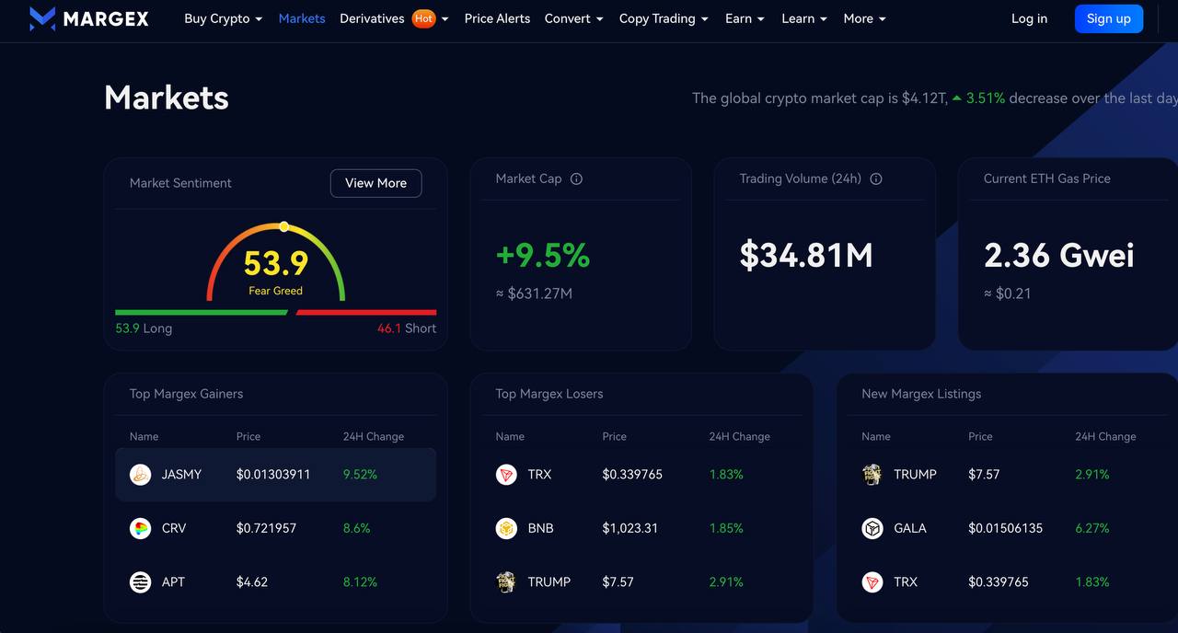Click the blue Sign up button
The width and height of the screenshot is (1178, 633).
pos(1108,18)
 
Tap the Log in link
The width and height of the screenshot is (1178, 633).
pos(1029,18)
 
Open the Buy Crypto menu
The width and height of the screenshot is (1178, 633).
pos(223,18)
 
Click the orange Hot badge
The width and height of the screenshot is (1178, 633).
pos(423,18)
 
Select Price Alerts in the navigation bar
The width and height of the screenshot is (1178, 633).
pos(497,18)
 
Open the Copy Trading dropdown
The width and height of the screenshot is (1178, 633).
pos(664,18)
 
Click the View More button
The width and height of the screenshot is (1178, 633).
pos(375,183)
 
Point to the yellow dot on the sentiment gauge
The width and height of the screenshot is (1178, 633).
pos(283,226)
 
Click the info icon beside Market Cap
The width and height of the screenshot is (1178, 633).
pos(576,179)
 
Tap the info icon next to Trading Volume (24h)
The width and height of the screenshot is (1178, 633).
pos(876,179)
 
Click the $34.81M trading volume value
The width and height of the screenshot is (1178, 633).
pos(806,256)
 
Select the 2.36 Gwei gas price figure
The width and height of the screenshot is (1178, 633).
pos(1058,256)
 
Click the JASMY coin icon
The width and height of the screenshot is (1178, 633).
pos(140,475)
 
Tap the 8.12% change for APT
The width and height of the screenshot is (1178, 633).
pos(360,581)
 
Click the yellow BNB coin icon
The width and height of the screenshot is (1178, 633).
pos(506,528)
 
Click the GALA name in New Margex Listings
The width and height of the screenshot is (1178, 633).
pos(910,528)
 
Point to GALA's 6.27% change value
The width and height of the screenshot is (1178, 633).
pos(1091,528)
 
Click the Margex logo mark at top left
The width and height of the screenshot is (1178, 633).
pos(42,18)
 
